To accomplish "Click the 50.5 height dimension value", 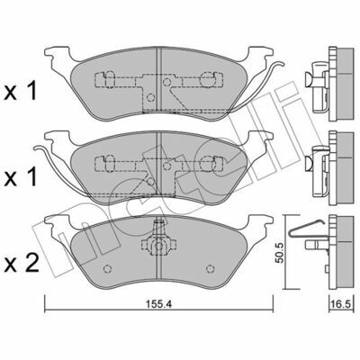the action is tap(280, 253).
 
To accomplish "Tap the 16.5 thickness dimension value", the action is tap(341, 304).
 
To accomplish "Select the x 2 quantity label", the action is tap(22, 263).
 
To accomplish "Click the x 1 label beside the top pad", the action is tap(21, 91).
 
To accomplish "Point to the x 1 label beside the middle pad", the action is tap(21, 176).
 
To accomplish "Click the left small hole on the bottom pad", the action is tap(107, 269).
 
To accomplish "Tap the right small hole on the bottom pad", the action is tap(211, 269).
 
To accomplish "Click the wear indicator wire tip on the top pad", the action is tap(282, 63).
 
